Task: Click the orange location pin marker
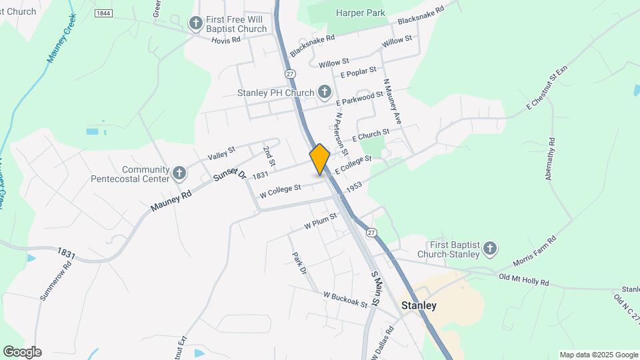320,159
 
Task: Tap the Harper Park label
360,12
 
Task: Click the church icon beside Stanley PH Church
325,92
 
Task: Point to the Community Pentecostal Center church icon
179,174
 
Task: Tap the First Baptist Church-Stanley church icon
490,249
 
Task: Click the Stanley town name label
419,305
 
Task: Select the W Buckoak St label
345,299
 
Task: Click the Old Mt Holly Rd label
523,279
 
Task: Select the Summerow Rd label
55,281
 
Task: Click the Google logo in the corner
21,351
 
